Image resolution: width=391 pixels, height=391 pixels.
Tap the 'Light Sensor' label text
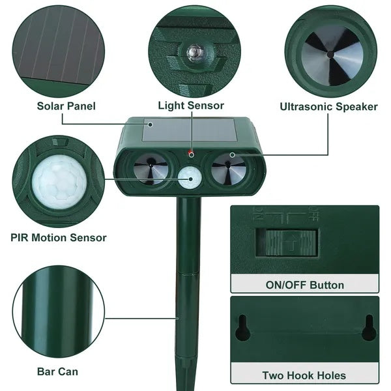tap(191, 106)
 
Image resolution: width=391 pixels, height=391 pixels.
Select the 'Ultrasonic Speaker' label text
tap(328, 106)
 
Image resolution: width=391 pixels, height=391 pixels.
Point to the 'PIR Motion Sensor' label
tap(59, 238)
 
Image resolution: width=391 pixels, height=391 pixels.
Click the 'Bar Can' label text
tap(57, 371)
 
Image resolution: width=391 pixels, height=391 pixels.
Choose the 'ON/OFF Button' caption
tap(304, 285)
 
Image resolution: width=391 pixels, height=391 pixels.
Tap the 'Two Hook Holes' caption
tap(304, 375)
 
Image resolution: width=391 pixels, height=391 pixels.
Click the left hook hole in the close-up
tap(242, 327)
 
